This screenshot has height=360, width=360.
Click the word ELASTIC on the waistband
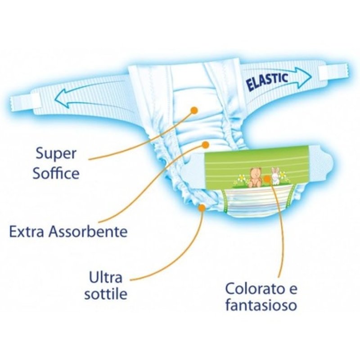pos(267,81)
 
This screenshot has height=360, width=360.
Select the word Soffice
pos(56,173)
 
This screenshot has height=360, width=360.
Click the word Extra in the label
pos(25,232)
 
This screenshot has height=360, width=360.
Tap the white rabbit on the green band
pos(274,176)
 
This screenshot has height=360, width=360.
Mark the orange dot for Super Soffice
pos(194,110)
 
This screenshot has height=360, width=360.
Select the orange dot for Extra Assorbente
pos(205,145)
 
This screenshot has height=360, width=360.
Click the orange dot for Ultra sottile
pos(202,207)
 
